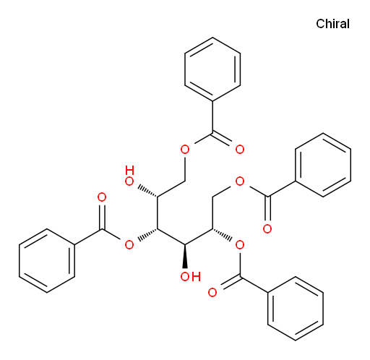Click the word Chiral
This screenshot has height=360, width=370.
click(x=332, y=24)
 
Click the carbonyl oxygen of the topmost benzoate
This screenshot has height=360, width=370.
click(x=240, y=150)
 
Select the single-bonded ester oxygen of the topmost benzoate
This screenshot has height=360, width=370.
click(x=185, y=150)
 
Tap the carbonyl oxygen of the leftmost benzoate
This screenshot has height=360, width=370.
click(x=102, y=197)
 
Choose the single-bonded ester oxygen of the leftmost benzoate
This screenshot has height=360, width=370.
click(x=129, y=245)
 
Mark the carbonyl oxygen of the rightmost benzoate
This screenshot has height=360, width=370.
click(x=267, y=228)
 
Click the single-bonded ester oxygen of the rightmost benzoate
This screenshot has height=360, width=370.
click(x=240, y=181)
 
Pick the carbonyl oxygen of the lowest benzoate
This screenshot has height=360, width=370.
click(x=212, y=293)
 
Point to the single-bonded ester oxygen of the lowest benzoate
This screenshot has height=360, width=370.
click(x=240, y=245)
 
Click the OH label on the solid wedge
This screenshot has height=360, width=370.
click(x=190, y=277)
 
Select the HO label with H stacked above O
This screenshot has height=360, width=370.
click(x=129, y=176)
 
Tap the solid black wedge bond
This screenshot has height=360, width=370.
click(x=185, y=256)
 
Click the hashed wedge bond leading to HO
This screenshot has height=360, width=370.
click(x=147, y=191)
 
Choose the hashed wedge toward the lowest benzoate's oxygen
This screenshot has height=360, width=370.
click(x=223, y=234)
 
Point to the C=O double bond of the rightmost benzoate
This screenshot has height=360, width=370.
click(x=267, y=208)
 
